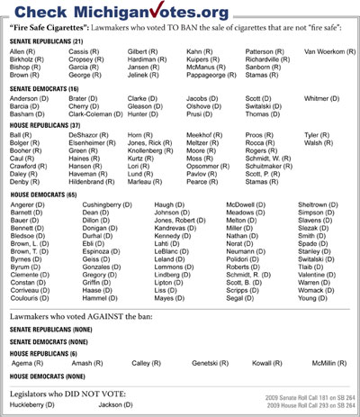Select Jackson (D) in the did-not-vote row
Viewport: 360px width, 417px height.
pos(115,405)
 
